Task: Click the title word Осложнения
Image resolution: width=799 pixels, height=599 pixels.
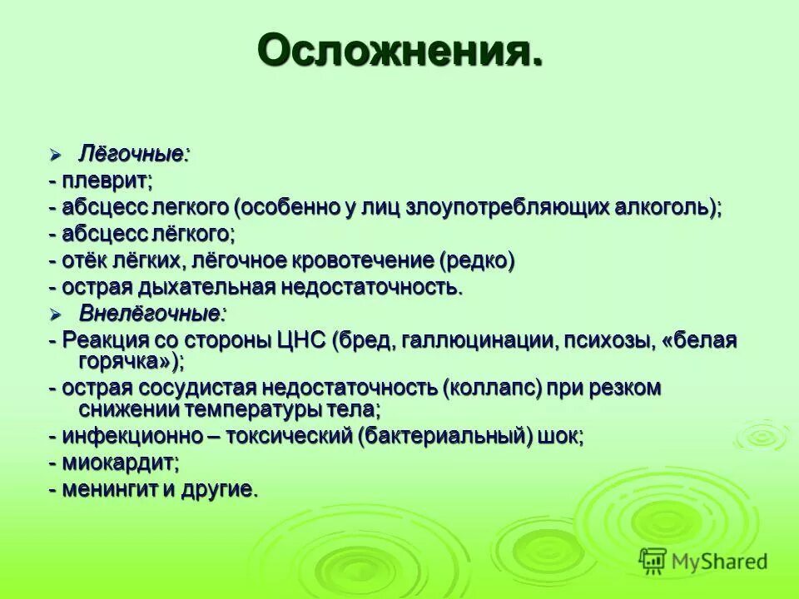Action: click(x=400, y=51)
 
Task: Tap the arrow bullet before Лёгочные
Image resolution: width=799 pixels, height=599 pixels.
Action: click(x=56, y=155)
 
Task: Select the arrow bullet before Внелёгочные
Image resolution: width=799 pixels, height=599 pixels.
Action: click(x=56, y=314)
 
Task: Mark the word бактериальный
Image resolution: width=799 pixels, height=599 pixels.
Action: click(x=445, y=437)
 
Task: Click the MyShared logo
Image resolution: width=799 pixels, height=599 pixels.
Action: click(x=703, y=562)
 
